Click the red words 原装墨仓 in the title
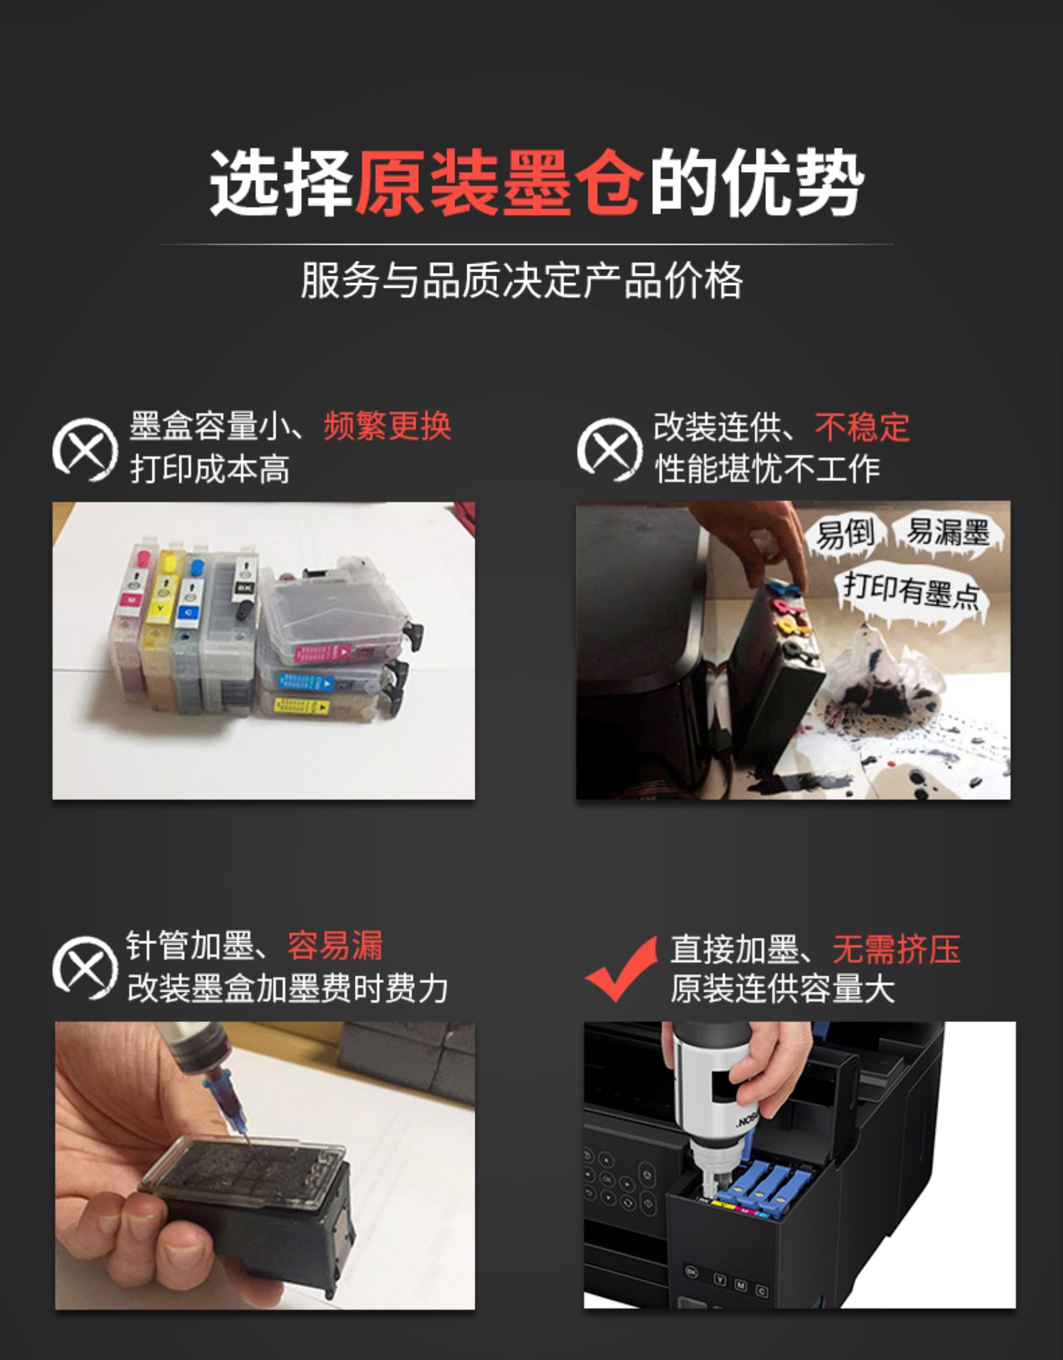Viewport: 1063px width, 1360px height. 498,183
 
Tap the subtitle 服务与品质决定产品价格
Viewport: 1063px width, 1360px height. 522,280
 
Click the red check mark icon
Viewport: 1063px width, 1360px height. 620,968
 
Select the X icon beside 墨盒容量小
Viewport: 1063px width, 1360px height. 85,450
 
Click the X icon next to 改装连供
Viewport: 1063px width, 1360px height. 609,450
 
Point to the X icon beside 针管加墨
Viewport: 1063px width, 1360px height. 85,967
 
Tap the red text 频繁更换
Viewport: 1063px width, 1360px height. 387,426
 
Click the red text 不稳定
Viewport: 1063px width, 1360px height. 862,426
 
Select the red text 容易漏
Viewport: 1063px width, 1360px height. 335,945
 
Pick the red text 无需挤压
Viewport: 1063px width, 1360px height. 896,949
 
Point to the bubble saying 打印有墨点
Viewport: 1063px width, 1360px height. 911,594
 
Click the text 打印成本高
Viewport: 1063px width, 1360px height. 210,469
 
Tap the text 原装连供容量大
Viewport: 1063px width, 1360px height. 783,988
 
